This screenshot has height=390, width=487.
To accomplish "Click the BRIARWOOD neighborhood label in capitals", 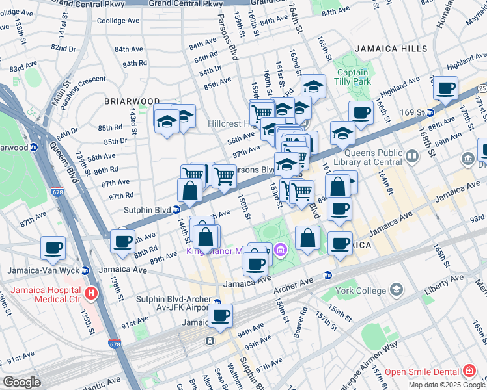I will (132, 101).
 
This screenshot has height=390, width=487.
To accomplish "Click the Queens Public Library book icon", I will (411, 156).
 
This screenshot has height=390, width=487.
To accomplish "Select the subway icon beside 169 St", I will (430, 112).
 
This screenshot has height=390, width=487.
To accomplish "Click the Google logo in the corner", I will (21, 382).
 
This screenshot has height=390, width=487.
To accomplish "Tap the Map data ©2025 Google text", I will (446, 385).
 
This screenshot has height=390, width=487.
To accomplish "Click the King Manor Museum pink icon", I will (281, 249).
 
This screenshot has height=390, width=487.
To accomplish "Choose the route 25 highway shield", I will (482, 87).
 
